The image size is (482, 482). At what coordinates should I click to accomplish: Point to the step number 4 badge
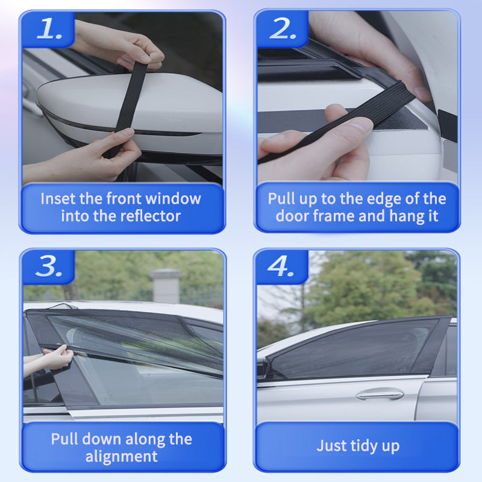coord(281,268)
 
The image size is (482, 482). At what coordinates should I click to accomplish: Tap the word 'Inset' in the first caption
coord(58,198)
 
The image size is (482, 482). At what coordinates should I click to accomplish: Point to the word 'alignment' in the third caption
coord(121,456)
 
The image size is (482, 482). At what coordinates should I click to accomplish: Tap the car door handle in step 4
coord(379,395)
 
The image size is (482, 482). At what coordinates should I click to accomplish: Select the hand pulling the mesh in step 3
coord(57,358)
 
